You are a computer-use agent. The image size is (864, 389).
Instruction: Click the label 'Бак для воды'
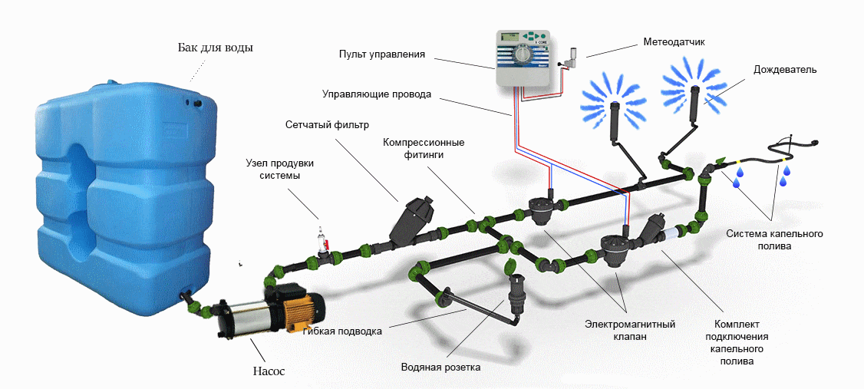pyautogui.click(x=214, y=48)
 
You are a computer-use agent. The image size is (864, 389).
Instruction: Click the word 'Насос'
pyautogui.click(x=269, y=371)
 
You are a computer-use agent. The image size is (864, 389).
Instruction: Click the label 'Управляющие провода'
pyautogui.click(x=375, y=94)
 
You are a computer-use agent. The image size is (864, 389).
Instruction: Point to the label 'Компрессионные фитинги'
pyautogui.click(x=424, y=148)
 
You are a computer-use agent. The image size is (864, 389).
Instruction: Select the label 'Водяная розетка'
pyautogui.click(x=440, y=367)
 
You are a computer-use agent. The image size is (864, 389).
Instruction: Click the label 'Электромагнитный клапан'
pyautogui.click(x=629, y=330)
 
